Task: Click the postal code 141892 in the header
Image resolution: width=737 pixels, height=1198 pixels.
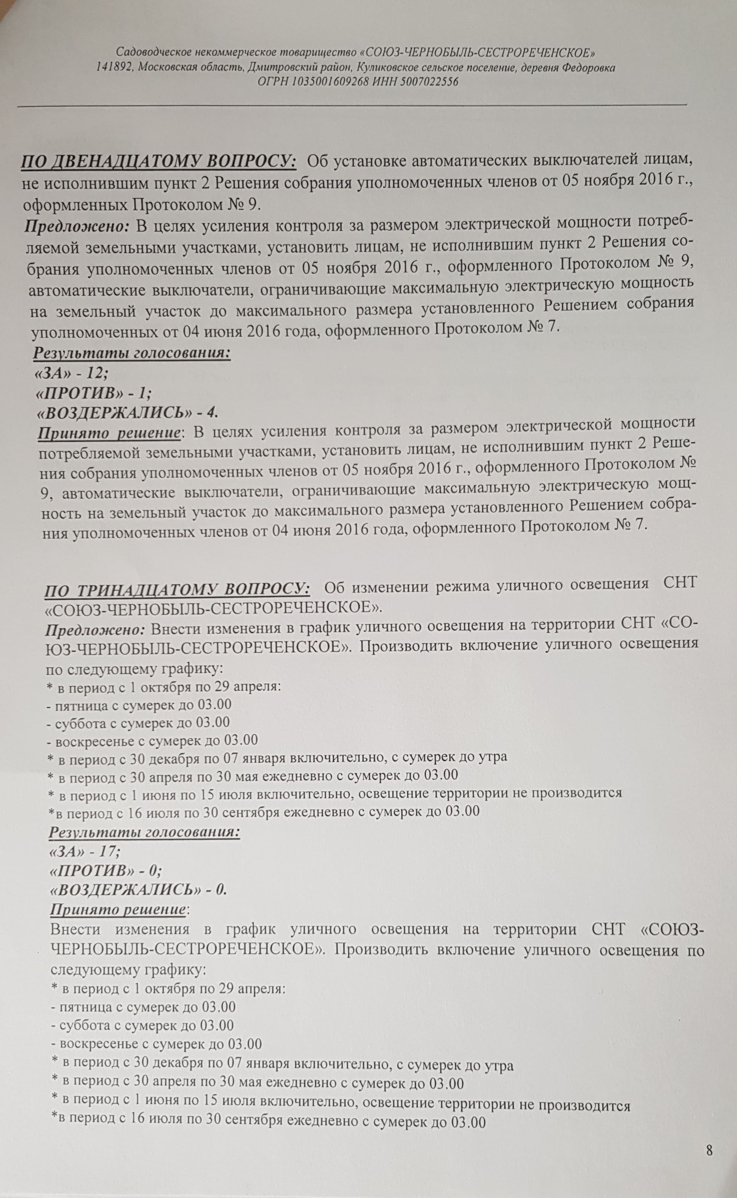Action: click(x=114, y=68)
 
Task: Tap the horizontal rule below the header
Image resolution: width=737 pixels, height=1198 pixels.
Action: click(x=351, y=105)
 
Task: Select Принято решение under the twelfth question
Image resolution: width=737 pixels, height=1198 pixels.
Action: click(x=110, y=433)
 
